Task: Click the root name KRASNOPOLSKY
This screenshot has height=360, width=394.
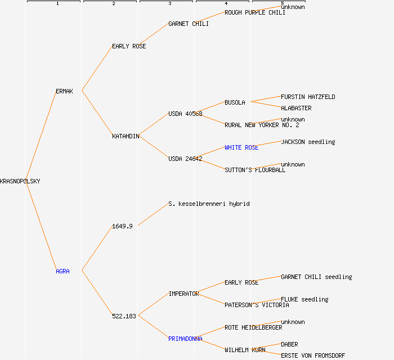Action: click(20, 181)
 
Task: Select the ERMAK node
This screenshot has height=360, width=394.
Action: click(64, 91)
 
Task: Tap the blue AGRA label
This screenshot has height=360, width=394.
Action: click(62, 271)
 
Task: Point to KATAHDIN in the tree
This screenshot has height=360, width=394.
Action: click(126, 136)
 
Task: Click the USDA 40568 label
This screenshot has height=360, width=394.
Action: click(185, 114)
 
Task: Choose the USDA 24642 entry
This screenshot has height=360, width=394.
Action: click(185, 159)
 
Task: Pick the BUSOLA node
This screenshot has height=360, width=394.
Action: click(235, 102)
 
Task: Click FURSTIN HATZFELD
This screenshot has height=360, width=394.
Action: click(308, 97)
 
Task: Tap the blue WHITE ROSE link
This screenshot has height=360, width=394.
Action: click(241, 147)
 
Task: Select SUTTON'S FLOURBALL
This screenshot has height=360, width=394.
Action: click(255, 170)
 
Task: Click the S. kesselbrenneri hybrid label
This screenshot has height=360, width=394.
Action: click(209, 204)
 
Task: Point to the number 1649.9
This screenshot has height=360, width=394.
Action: click(122, 226)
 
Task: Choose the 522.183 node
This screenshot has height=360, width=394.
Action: click(124, 316)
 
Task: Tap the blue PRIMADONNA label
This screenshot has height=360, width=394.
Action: click(185, 339)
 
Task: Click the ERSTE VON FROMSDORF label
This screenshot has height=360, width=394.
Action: click(313, 355)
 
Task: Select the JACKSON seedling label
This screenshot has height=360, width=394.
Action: click(308, 142)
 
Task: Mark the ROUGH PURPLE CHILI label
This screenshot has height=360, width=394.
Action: click(255, 12)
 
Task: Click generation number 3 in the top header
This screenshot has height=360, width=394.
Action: click(169, 4)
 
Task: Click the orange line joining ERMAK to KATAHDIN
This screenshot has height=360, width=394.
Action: click(97, 112)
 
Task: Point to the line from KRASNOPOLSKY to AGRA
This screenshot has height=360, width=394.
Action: click(41, 225)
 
